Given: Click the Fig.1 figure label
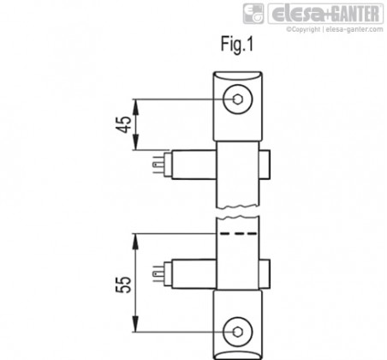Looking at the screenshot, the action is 237,45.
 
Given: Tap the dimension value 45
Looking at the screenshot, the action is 124,124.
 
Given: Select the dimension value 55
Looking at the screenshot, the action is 124,285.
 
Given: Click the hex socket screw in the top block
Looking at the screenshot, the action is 238,99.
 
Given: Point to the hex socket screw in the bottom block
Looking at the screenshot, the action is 238,332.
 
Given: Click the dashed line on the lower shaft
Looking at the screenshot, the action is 238,233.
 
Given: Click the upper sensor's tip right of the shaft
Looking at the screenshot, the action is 265,165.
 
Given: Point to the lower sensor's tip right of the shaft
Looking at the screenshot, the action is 265,274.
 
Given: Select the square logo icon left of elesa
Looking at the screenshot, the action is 253,14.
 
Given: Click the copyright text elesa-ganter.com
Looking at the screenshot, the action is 354,29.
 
